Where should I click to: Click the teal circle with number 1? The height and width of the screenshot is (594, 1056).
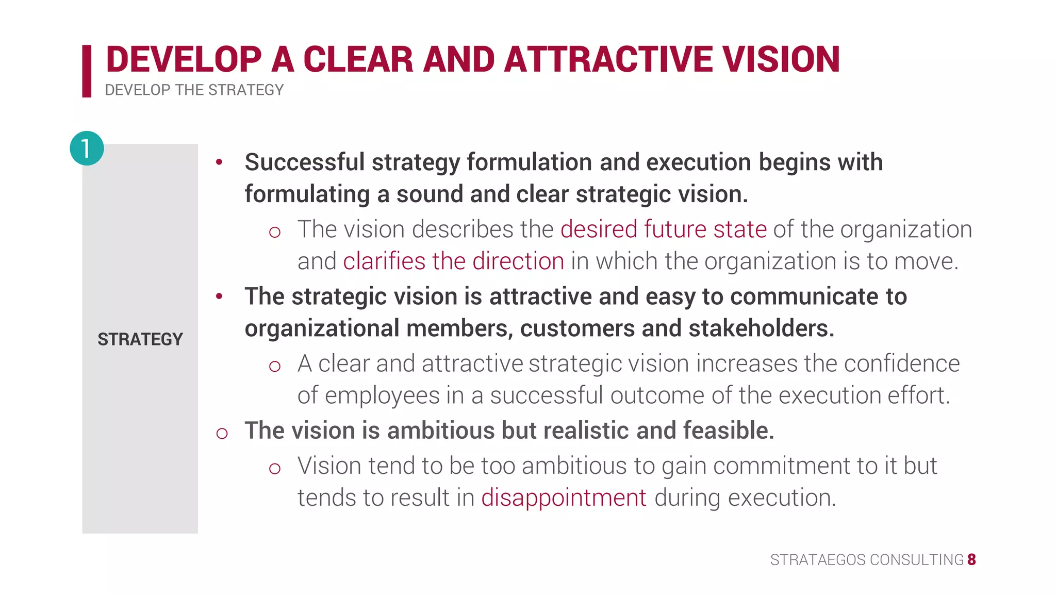[x=87, y=148]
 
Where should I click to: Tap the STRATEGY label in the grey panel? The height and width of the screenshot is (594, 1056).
[x=140, y=339]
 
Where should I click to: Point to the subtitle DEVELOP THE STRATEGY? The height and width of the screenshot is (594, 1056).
[x=194, y=90]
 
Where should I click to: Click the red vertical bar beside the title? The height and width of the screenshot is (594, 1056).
[x=87, y=71]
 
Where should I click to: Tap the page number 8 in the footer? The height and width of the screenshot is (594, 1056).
[x=971, y=559]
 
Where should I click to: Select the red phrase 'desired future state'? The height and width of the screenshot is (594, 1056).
[x=663, y=229]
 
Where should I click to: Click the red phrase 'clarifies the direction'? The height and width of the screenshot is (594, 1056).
[x=453, y=261]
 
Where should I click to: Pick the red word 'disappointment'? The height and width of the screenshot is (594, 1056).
[x=564, y=498]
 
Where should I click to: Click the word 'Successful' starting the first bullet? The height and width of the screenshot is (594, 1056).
[x=304, y=162]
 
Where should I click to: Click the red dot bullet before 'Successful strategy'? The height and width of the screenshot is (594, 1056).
[x=219, y=162]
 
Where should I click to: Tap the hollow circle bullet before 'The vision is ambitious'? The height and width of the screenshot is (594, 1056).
[x=222, y=433]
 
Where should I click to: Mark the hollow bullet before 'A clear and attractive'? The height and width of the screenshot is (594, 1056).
[x=274, y=367]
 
